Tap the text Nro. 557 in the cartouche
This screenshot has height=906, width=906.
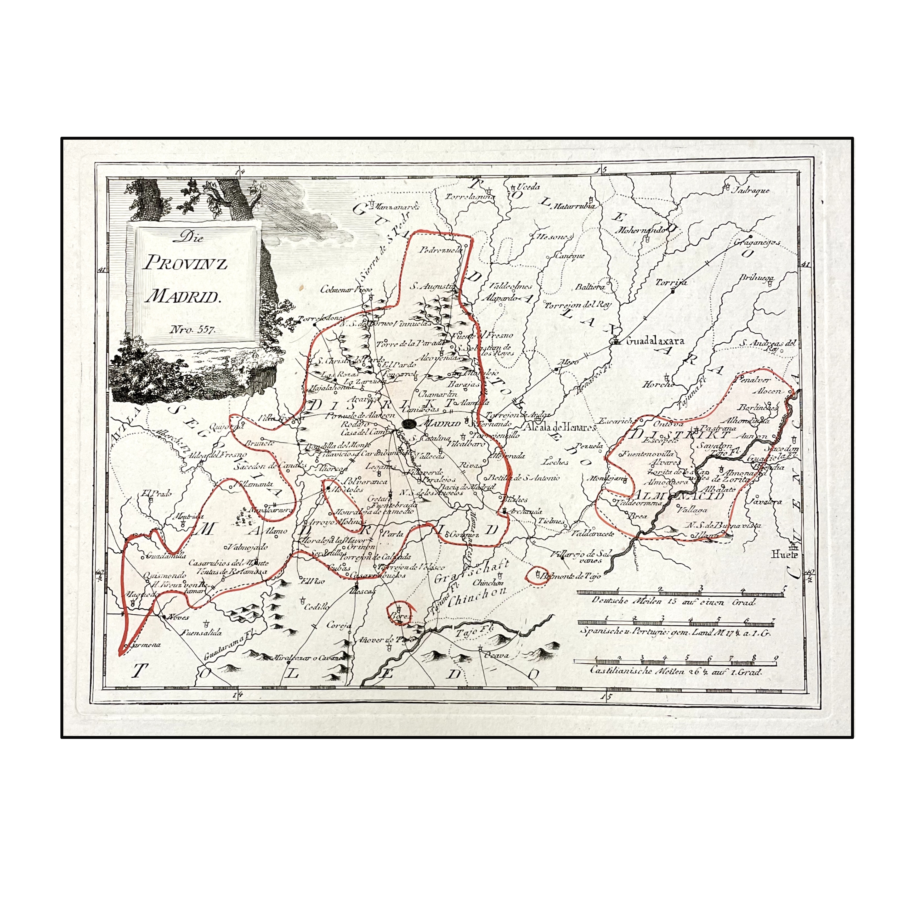(x=192, y=329)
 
